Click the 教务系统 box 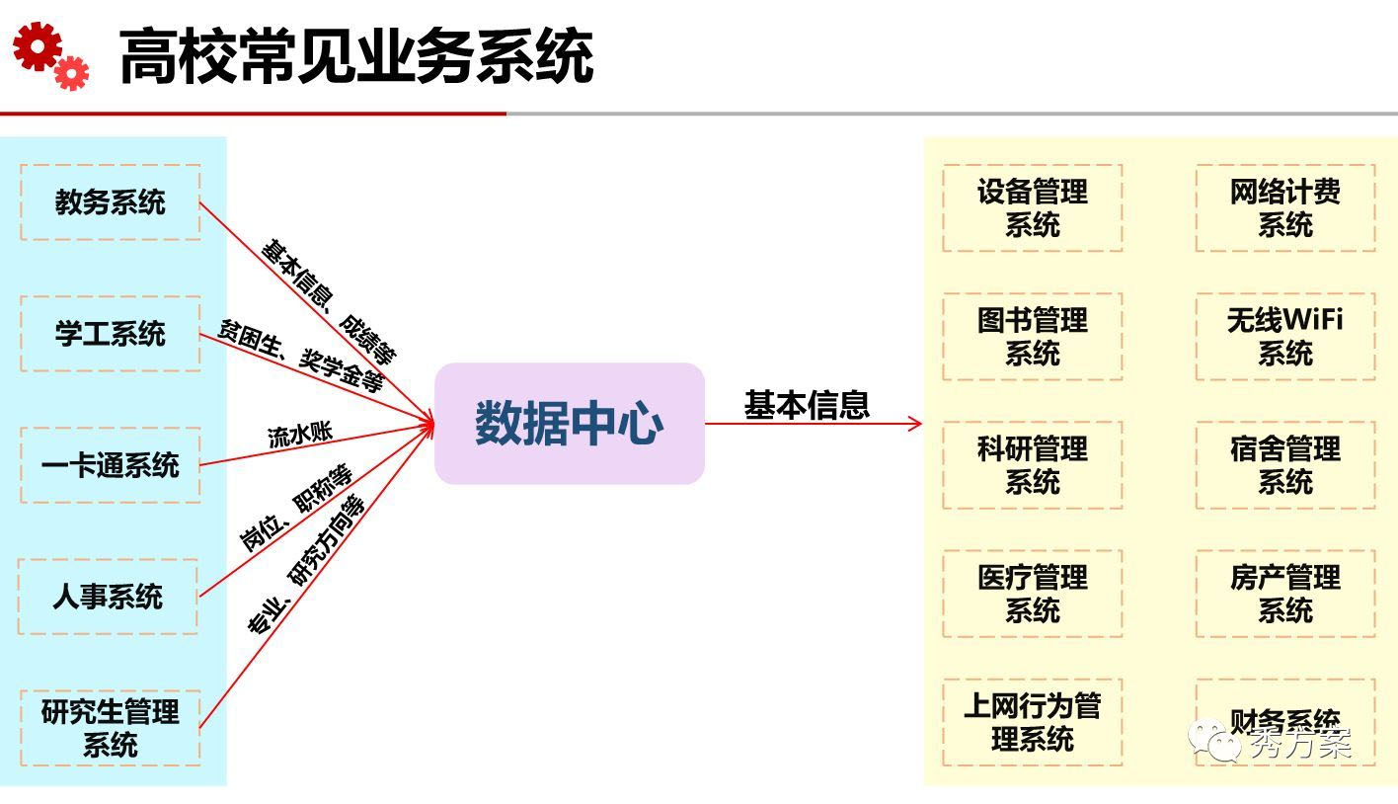(x=110, y=202)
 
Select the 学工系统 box (x=110, y=334)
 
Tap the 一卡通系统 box (x=110, y=465)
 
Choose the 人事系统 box (x=108, y=597)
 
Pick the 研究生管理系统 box (x=110, y=728)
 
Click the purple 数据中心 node (x=570, y=424)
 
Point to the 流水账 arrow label (x=300, y=435)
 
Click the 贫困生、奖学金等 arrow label (x=300, y=356)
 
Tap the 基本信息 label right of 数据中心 (x=807, y=405)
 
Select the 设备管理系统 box (x=1032, y=208)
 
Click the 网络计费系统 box (x=1284, y=208)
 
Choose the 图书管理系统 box (x=1032, y=337)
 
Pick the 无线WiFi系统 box (x=1284, y=337)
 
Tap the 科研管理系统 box (x=1032, y=465)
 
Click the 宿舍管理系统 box (x=1284, y=465)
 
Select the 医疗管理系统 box (x=1032, y=594)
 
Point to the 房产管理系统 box (x=1284, y=594)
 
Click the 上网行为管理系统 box (x=1032, y=722)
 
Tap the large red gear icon (x=37, y=46)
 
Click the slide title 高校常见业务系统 (x=356, y=56)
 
